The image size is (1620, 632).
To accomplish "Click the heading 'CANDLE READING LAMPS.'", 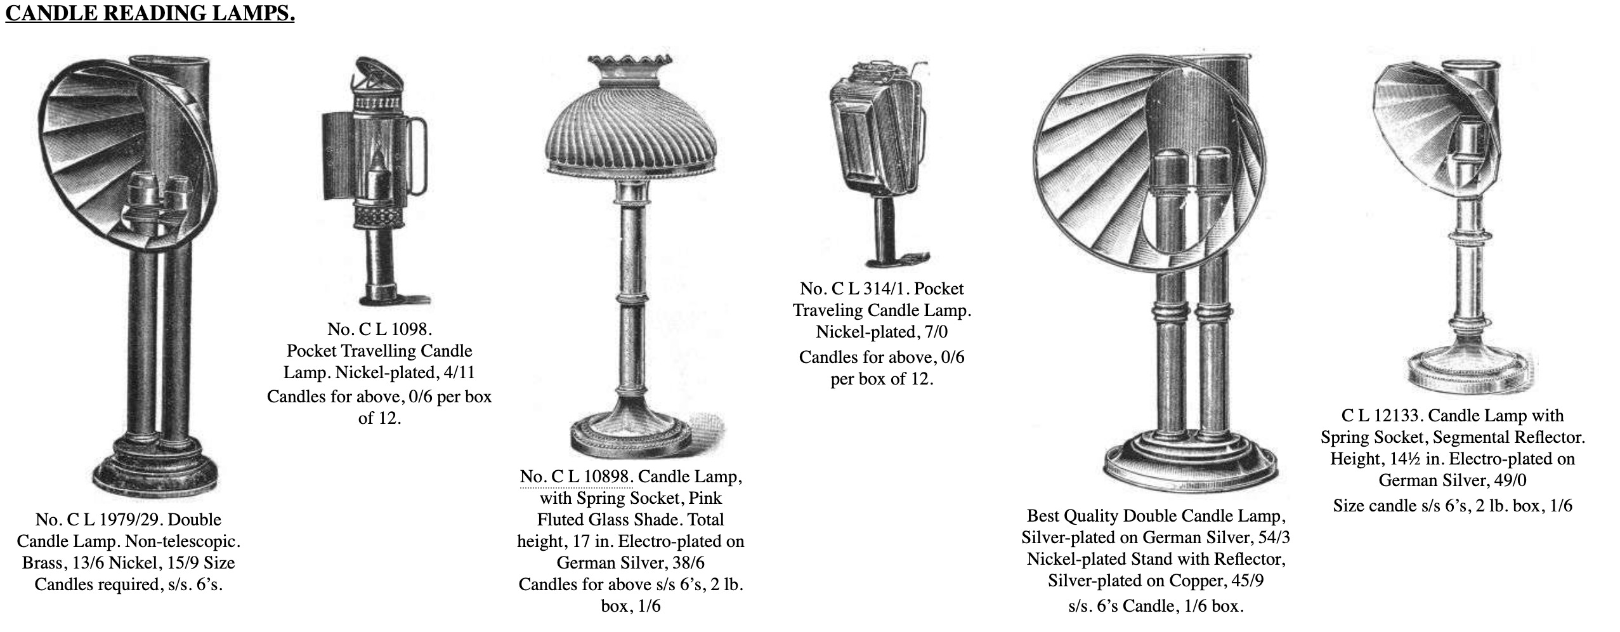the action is click(x=150, y=14).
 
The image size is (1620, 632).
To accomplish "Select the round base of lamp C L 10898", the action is click(x=632, y=433).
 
